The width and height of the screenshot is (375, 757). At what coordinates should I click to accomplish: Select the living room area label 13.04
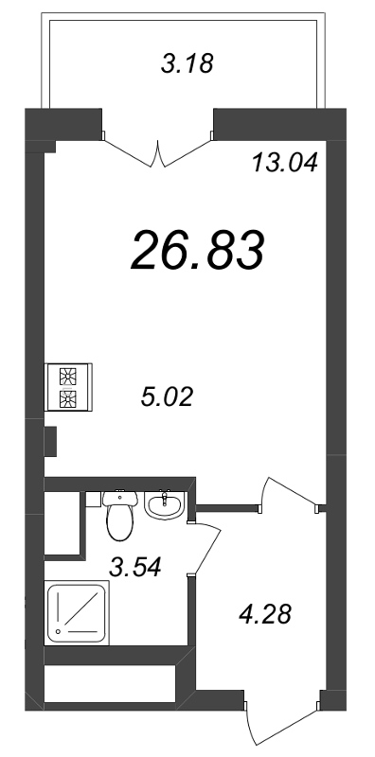pyautogui.click(x=283, y=162)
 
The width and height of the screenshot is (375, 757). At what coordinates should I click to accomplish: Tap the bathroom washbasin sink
pyautogui.click(x=166, y=506)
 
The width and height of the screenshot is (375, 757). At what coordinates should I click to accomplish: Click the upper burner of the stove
pyautogui.click(x=67, y=375)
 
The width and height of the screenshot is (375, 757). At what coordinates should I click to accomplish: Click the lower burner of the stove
pyautogui.click(x=67, y=398)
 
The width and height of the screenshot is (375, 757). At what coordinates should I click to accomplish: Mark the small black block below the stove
pyautogui.click(x=51, y=440)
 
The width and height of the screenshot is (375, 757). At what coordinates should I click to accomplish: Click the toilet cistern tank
pyautogui.click(x=119, y=497)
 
